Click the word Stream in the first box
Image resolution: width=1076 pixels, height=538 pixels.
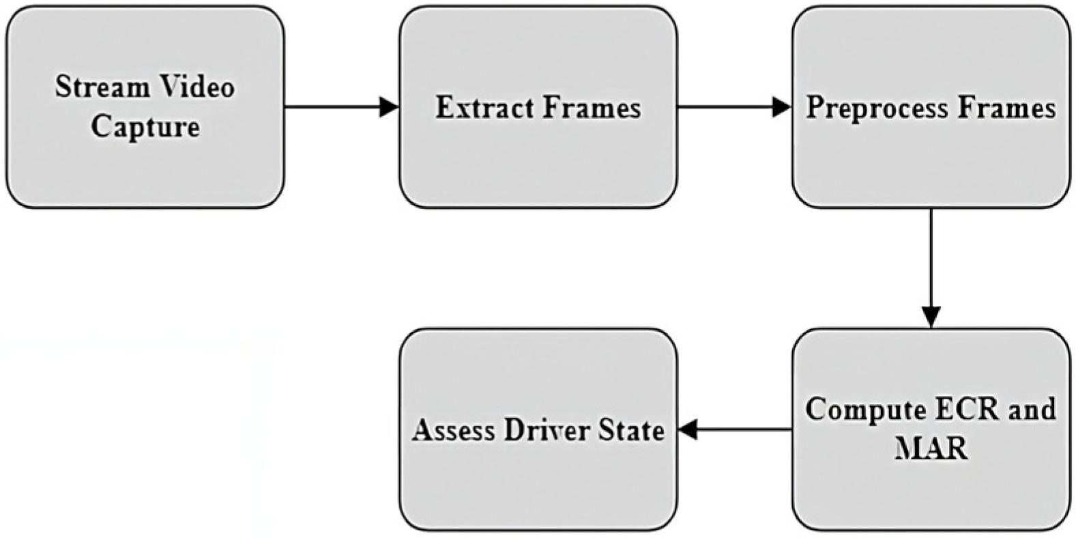[x=102, y=87]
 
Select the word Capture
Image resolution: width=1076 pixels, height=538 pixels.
[x=145, y=127]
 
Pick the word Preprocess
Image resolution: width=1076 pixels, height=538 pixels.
[x=877, y=108]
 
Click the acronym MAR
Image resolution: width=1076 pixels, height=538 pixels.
[x=931, y=449]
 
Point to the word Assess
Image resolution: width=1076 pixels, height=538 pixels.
[x=454, y=431]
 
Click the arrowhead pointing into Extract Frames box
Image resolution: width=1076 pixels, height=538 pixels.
[x=390, y=107]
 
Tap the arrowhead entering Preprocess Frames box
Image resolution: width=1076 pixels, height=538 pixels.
[x=782, y=107]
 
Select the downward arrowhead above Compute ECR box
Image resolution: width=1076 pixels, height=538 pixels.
[x=931, y=317]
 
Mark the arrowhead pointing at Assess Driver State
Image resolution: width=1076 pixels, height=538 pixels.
[x=687, y=429]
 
